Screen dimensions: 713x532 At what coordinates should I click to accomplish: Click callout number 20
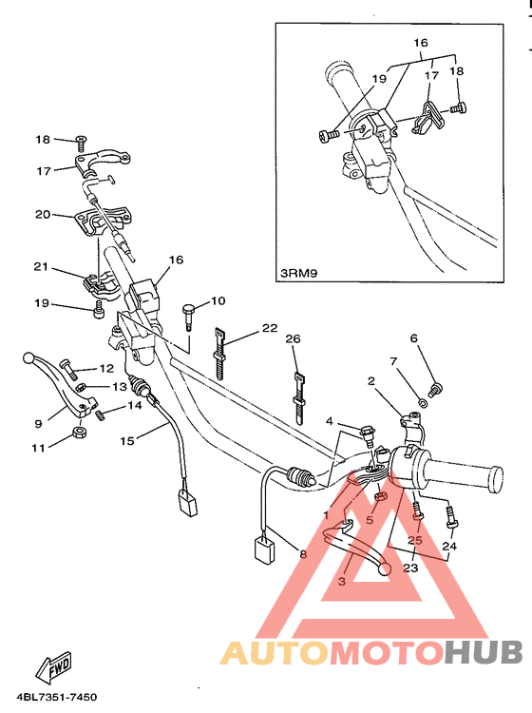(x=42, y=214)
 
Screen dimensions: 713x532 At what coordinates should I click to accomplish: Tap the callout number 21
(x=42, y=267)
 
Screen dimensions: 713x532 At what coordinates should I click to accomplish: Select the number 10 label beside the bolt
(x=218, y=301)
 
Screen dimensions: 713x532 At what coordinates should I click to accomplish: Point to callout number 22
(x=270, y=328)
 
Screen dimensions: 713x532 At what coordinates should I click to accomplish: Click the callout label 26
(x=293, y=338)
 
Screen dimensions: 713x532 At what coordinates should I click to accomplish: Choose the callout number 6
(x=413, y=337)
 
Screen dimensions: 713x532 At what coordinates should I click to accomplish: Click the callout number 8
(x=303, y=554)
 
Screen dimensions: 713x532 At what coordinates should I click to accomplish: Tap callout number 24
(x=449, y=547)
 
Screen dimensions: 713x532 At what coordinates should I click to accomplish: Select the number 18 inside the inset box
(x=457, y=71)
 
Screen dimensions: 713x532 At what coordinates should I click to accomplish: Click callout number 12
(x=107, y=368)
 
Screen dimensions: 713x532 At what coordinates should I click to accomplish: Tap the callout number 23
(x=410, y=568)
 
